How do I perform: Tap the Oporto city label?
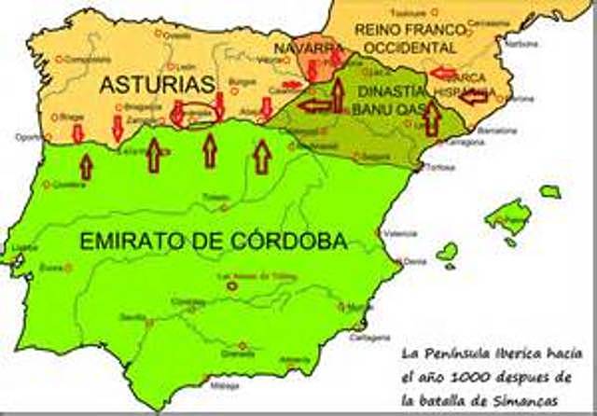click(x=28, y=136)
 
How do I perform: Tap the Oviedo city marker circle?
click(x=160, y=35)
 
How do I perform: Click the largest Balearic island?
click(x=507, y=215)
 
